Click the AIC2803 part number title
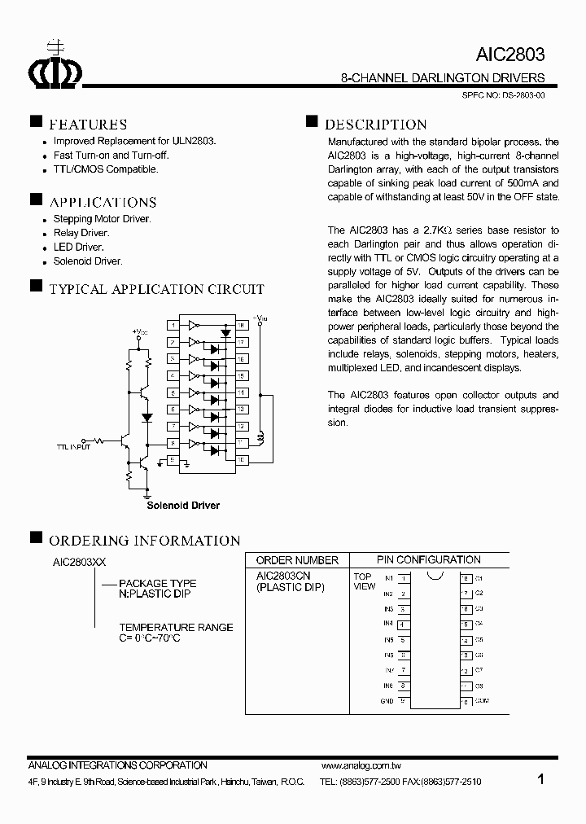tap(509, 55)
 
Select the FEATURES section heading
tap(88, 125)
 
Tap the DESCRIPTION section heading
tap(375, 125)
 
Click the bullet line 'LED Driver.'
tap(78, 247)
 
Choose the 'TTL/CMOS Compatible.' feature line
tap(106, 169)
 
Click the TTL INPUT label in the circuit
tap(74, 447)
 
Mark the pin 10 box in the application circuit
tap(242, 460)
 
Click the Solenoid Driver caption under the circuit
tap(183, 506)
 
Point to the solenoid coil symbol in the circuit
tap(260, 437)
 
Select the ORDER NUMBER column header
tap(297, 560)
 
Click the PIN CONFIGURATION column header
tap(429, 559)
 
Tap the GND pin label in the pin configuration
tap(387, 701)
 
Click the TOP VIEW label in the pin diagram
tap(364, 581)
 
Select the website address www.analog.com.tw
tap(362, 766)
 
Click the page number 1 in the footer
tap(541, 779)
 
